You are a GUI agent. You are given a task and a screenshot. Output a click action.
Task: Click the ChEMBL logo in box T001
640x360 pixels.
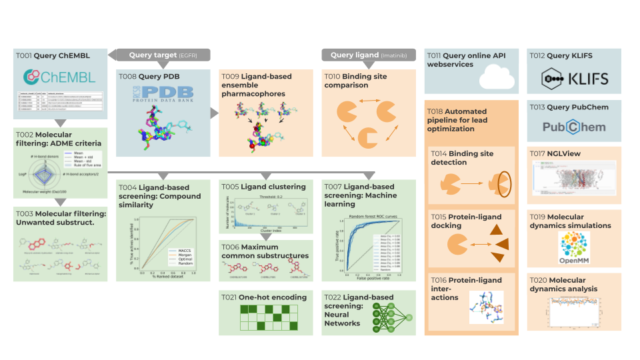click(59, 77)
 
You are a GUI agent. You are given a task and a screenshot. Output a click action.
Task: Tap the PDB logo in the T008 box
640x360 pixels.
click(163, 93)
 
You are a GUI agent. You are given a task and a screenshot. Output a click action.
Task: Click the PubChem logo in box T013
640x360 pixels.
click(573, 127)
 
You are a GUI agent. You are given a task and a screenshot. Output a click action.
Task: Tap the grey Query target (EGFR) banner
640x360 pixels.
click(163, 55)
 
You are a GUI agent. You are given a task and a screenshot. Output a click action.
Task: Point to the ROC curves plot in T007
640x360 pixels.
click(369, 245)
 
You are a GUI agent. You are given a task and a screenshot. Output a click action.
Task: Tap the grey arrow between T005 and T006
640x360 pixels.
click(266, 236)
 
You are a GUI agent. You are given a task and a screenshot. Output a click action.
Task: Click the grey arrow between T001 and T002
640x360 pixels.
click(59, 123)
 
